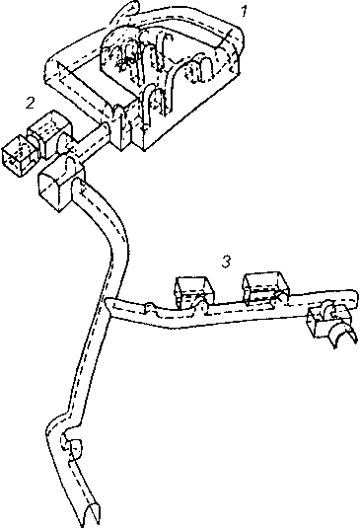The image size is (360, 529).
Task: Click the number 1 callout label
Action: click(x=244, y=11)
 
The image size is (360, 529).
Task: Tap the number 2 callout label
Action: click(x=31, y=104)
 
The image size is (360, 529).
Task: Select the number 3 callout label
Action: click(x=226, y=262)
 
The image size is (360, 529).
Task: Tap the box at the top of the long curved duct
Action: click(x=60, y=185)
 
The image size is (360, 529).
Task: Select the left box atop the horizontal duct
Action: click(x=193, y=292)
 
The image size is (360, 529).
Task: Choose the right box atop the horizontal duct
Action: click(x=266, y=288)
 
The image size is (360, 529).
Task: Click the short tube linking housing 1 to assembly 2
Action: click(x=90, y=142)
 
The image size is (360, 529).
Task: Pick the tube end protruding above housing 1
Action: click(x=130, y=8)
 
